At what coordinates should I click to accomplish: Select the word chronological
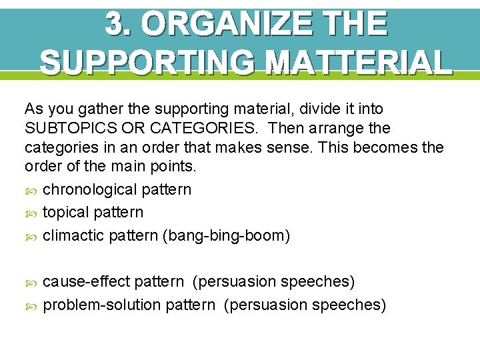coord(90,189)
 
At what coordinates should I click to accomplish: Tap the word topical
coord(65,212)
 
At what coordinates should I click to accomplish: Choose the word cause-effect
coord(87,281)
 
